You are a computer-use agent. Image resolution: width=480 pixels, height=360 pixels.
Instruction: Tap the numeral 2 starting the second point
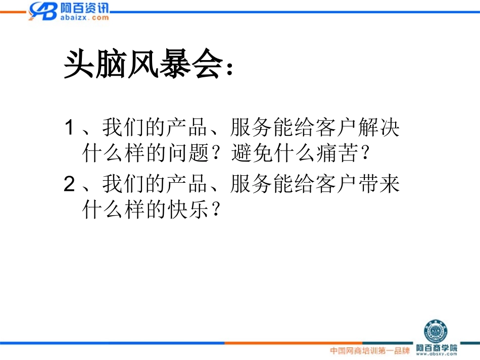(x=69, y=185)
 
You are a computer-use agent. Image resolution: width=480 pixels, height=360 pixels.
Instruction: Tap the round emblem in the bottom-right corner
(x=435, y=330)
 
